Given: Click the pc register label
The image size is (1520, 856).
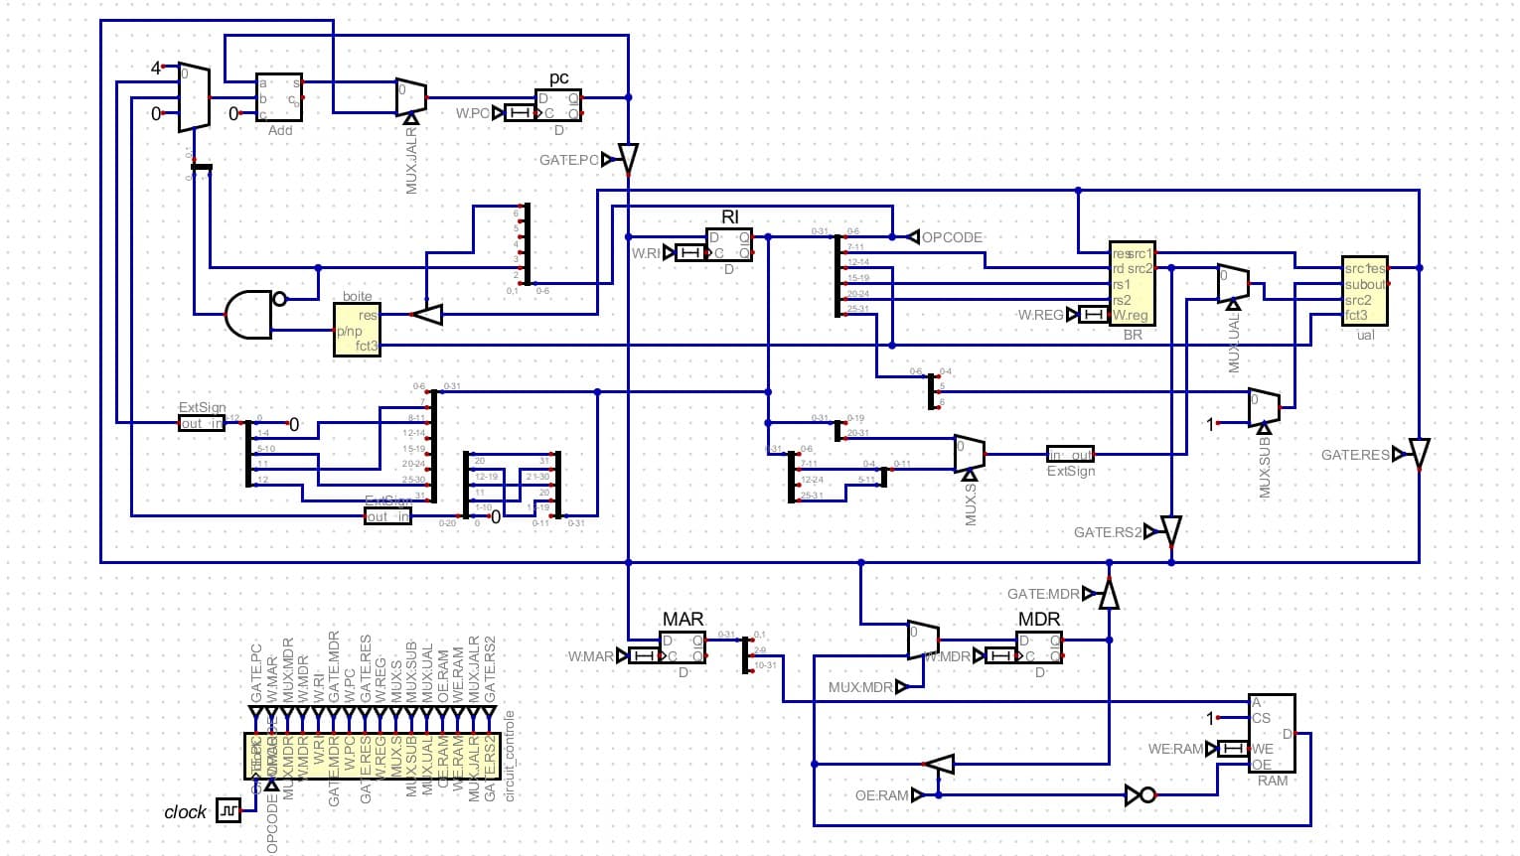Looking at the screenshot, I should click(558, 78).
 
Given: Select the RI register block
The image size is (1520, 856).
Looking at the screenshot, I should click(729, 245).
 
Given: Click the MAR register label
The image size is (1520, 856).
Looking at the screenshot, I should click(683, 620).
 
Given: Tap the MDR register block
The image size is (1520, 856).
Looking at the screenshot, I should click(1039, 648).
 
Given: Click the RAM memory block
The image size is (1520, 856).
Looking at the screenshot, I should click(1272, 733).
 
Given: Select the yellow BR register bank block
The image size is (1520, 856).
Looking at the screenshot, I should click(1132, 283).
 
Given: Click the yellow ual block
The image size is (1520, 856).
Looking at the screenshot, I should click(1365, 291).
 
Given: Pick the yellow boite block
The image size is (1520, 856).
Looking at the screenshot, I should click(357, 330).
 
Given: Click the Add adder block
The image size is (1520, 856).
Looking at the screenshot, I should click(279, 97).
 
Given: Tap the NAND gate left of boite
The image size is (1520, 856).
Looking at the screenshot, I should click(249, 315).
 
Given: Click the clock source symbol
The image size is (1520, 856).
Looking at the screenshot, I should click(228, 810).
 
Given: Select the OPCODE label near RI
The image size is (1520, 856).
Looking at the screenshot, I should click(952, 237).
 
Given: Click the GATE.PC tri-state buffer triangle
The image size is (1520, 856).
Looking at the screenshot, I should click(628, 158).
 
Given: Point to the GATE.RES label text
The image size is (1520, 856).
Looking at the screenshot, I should click(1354, 455).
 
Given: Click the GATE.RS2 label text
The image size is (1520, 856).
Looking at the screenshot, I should click(1107, 532).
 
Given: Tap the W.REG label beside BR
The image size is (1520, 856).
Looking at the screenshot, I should click(1039, 315).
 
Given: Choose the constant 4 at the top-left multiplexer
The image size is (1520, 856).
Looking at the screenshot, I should click(155, 68).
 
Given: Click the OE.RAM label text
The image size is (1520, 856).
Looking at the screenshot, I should click(881, 795).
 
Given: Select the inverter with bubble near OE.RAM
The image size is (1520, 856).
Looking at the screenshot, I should click(1140, 794).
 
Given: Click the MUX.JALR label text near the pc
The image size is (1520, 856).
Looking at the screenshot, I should click(411, 160).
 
